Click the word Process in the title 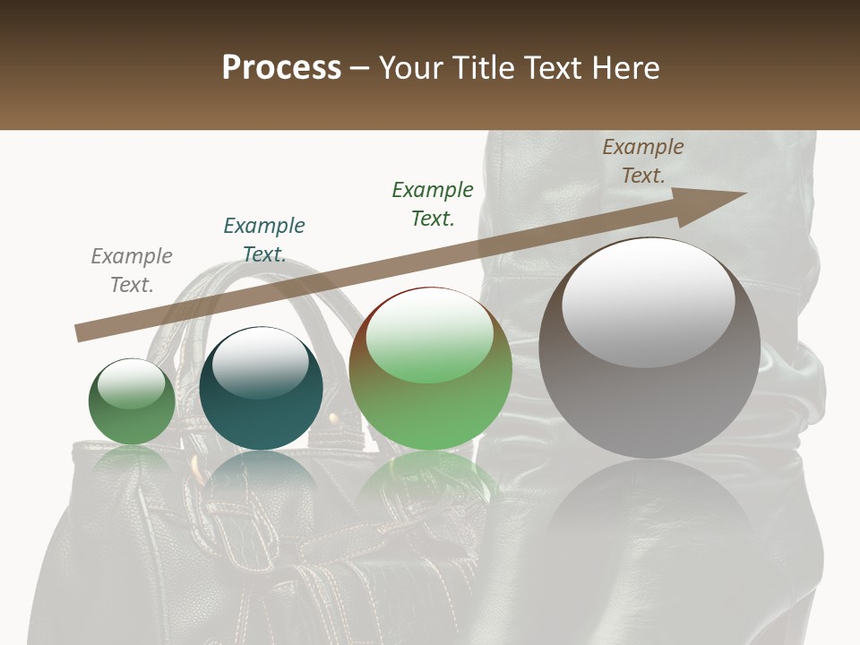281,68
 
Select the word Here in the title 623,68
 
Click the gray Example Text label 132,270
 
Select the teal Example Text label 264,239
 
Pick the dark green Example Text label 433,203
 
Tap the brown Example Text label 643,160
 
